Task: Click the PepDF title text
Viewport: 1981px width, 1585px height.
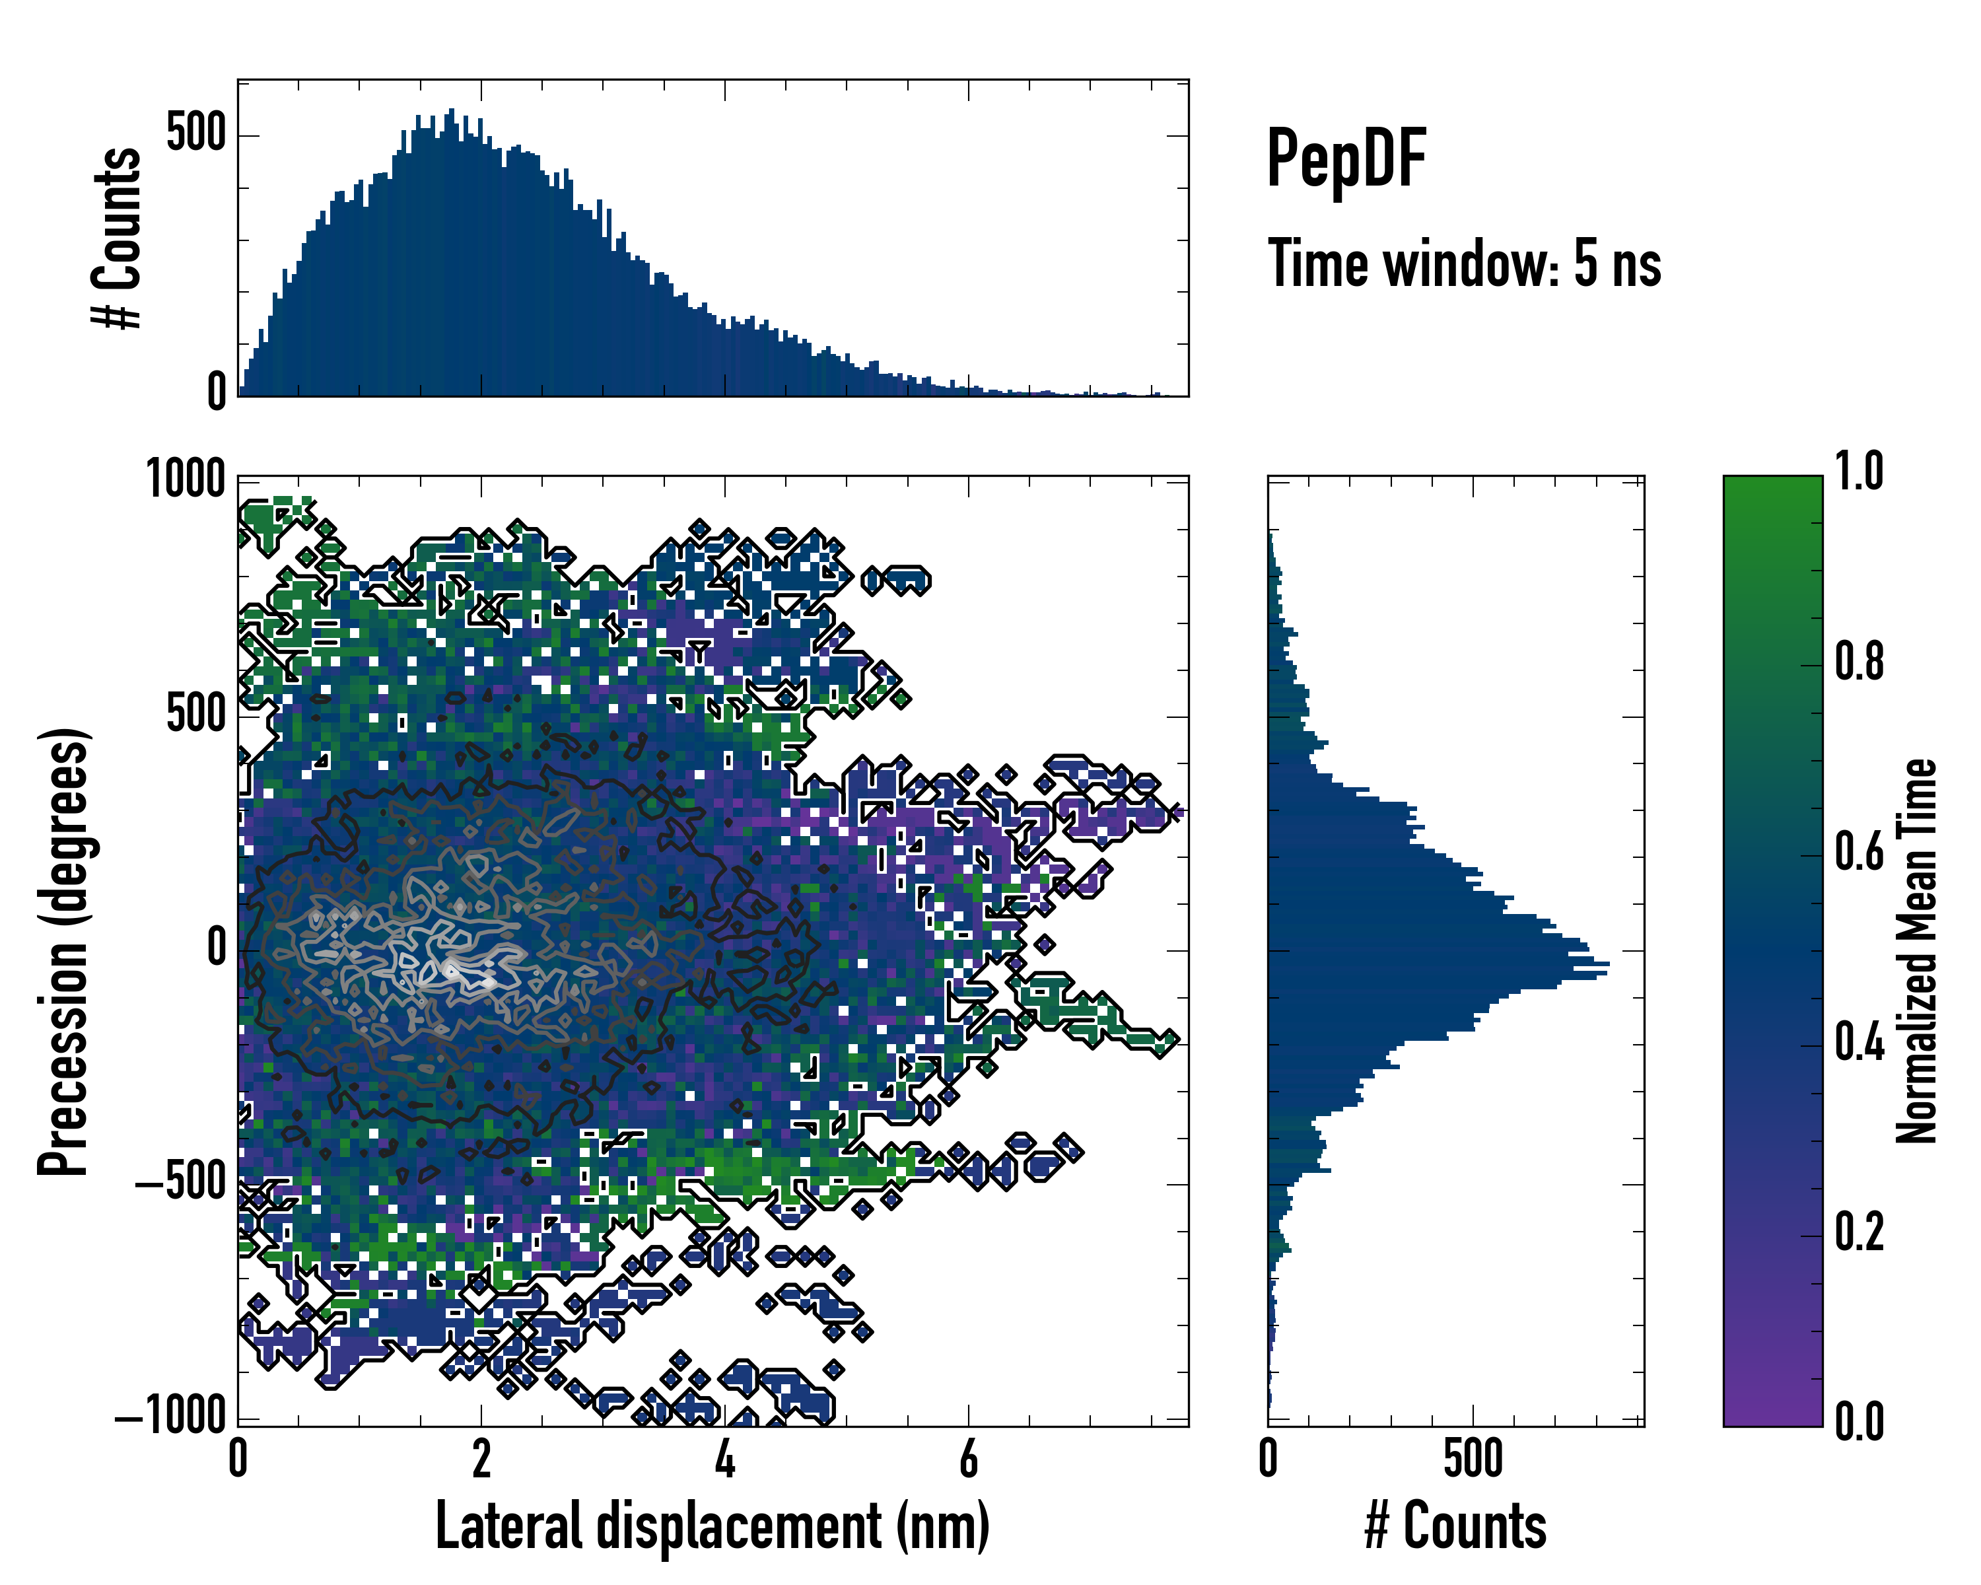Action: point(1345,159)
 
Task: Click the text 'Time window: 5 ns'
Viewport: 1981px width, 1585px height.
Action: point(1464,264)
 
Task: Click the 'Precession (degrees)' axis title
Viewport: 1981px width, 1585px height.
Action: point(63,951)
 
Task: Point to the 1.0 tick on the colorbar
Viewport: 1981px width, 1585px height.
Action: point(1859,472)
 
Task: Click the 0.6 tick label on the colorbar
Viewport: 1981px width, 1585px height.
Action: point(1859,853)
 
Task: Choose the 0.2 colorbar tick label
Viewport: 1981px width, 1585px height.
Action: point(1859,1233)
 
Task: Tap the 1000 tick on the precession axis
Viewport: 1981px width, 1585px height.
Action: point(186,479)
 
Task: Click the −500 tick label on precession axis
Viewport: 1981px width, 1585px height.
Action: point(180,1183)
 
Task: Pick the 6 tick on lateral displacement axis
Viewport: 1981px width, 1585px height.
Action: point(969,1459)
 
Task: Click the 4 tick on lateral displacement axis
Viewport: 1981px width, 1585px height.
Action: point(725,1459)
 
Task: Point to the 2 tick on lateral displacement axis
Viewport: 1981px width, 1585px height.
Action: point(481,1459)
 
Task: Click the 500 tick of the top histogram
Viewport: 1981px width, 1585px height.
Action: point(195,133)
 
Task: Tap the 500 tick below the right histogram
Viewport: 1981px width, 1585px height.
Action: point(1473,1459)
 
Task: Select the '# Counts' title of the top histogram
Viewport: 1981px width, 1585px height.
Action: point(117,238)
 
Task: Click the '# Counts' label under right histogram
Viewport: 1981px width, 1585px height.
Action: point(1455,1526)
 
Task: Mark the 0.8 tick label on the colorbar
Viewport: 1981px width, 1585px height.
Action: point(1859,662)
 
